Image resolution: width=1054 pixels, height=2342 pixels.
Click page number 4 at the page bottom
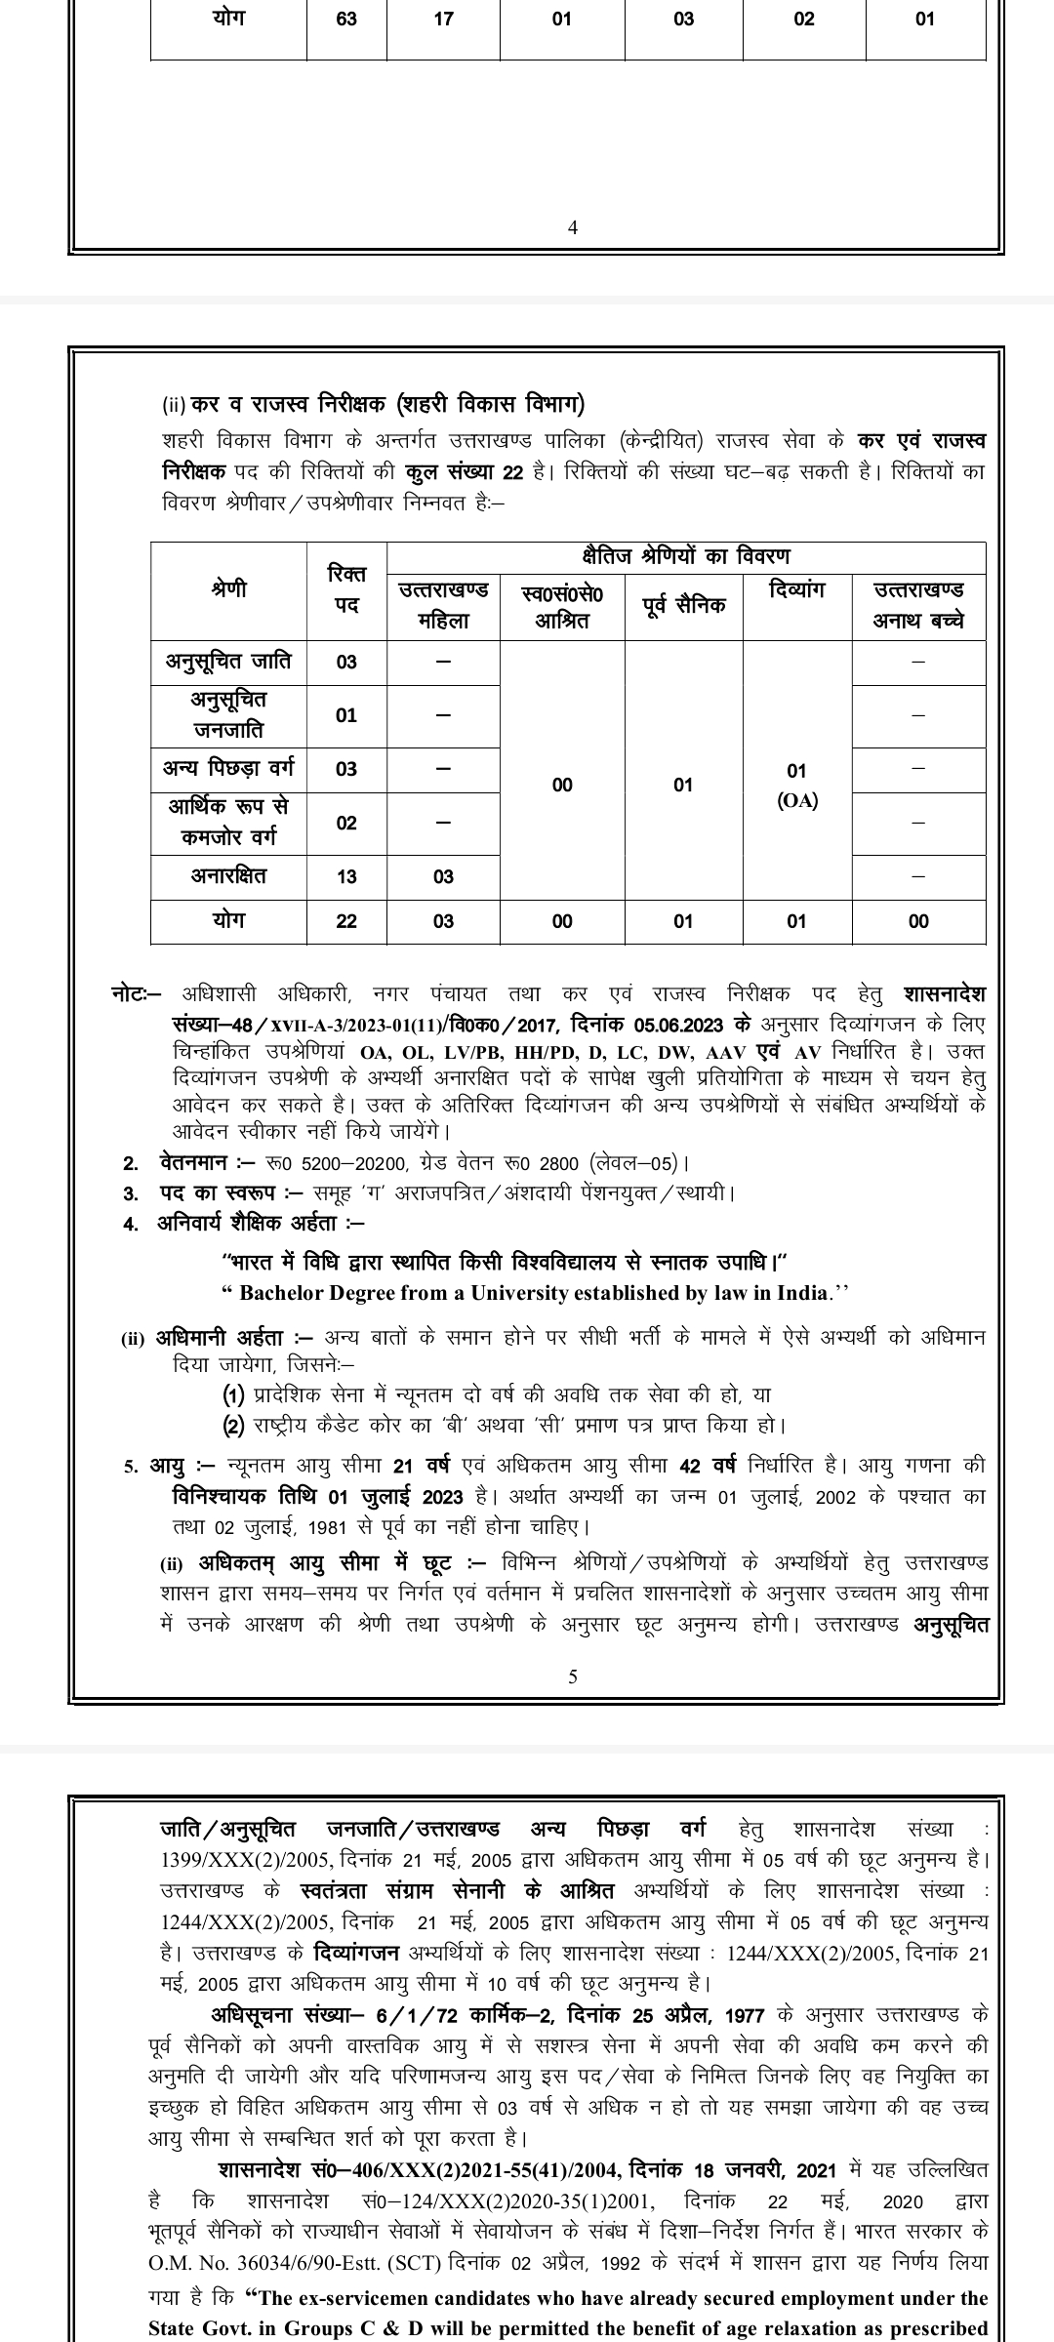point(573,228)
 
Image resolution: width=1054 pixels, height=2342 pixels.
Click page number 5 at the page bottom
point(573,1676)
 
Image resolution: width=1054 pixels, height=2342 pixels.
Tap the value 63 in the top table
point(346,19)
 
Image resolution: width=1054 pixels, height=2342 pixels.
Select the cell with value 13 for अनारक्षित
point(346,876)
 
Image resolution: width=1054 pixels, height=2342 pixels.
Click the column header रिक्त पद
point(346,590)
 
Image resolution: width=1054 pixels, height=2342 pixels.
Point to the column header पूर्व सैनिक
point(683,605)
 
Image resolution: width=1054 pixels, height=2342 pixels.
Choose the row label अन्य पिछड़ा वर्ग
point(228,768)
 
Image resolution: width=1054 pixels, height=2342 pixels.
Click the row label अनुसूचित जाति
point(228,661)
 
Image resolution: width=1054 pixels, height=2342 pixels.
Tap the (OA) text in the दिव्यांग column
point(797,801)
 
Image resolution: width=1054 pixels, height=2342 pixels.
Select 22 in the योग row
point(346,921)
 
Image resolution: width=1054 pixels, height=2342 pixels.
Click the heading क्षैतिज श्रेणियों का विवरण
point(685,556)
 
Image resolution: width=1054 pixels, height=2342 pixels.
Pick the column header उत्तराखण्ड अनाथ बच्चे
point(918,605)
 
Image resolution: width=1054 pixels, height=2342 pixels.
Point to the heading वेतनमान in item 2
point(192,1163)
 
